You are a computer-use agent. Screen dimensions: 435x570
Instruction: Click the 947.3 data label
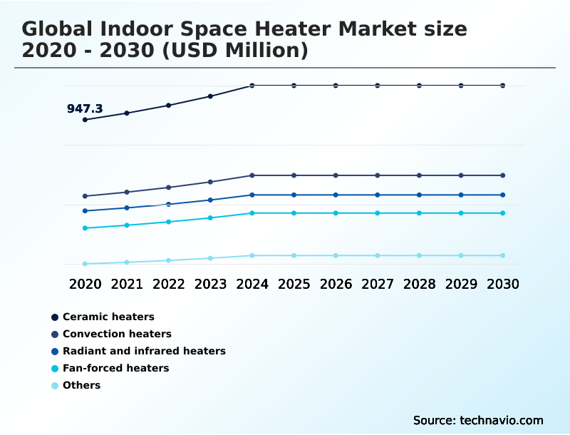pos(85,109)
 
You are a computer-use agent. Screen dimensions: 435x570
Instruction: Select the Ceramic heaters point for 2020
pos(85,120)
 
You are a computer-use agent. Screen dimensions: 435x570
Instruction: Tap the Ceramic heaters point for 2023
pos(210,96)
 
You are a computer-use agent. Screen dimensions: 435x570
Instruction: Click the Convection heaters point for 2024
pos(252,175)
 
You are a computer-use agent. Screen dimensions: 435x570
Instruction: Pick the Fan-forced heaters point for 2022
pos(169,222)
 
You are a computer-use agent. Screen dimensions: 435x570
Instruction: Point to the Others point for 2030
pos(503,255)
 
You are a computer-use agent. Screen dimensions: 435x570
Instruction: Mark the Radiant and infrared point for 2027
pos(378,195)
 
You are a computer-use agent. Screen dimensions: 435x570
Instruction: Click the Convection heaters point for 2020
pos(85,196)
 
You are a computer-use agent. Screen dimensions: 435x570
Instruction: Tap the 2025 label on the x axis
pos(294,284)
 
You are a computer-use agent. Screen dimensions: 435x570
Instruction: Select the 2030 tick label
pos(503,284)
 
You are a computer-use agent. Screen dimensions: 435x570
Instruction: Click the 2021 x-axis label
pos(127,284)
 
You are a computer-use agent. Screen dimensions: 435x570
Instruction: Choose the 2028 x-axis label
pos(419,284)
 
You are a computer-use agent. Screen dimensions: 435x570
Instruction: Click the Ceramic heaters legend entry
pos(108,317)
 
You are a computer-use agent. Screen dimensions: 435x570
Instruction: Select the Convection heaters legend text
pos(117,334)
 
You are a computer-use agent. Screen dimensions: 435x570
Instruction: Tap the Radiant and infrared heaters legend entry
pos(144,351)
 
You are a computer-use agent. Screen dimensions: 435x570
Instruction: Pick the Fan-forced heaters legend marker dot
pos(55,369)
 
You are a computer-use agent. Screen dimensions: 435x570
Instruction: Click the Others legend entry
pos(81,385)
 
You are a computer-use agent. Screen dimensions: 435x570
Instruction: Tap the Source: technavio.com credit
pos(478,420)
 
